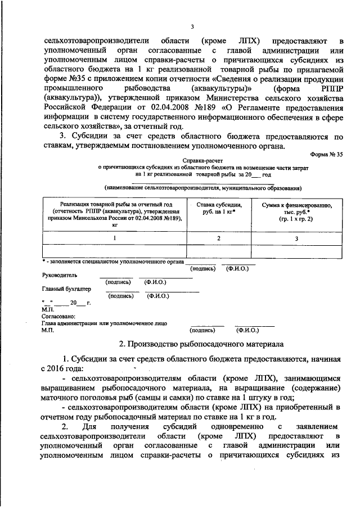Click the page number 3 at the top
tap(192, 26)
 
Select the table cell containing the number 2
tap(217, 238)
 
